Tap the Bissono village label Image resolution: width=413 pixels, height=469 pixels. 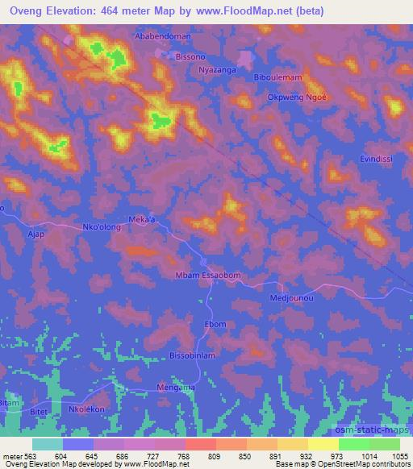[191, 58]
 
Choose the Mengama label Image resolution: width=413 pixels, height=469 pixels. [175, 388]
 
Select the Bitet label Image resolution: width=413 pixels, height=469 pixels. [39, 409]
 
